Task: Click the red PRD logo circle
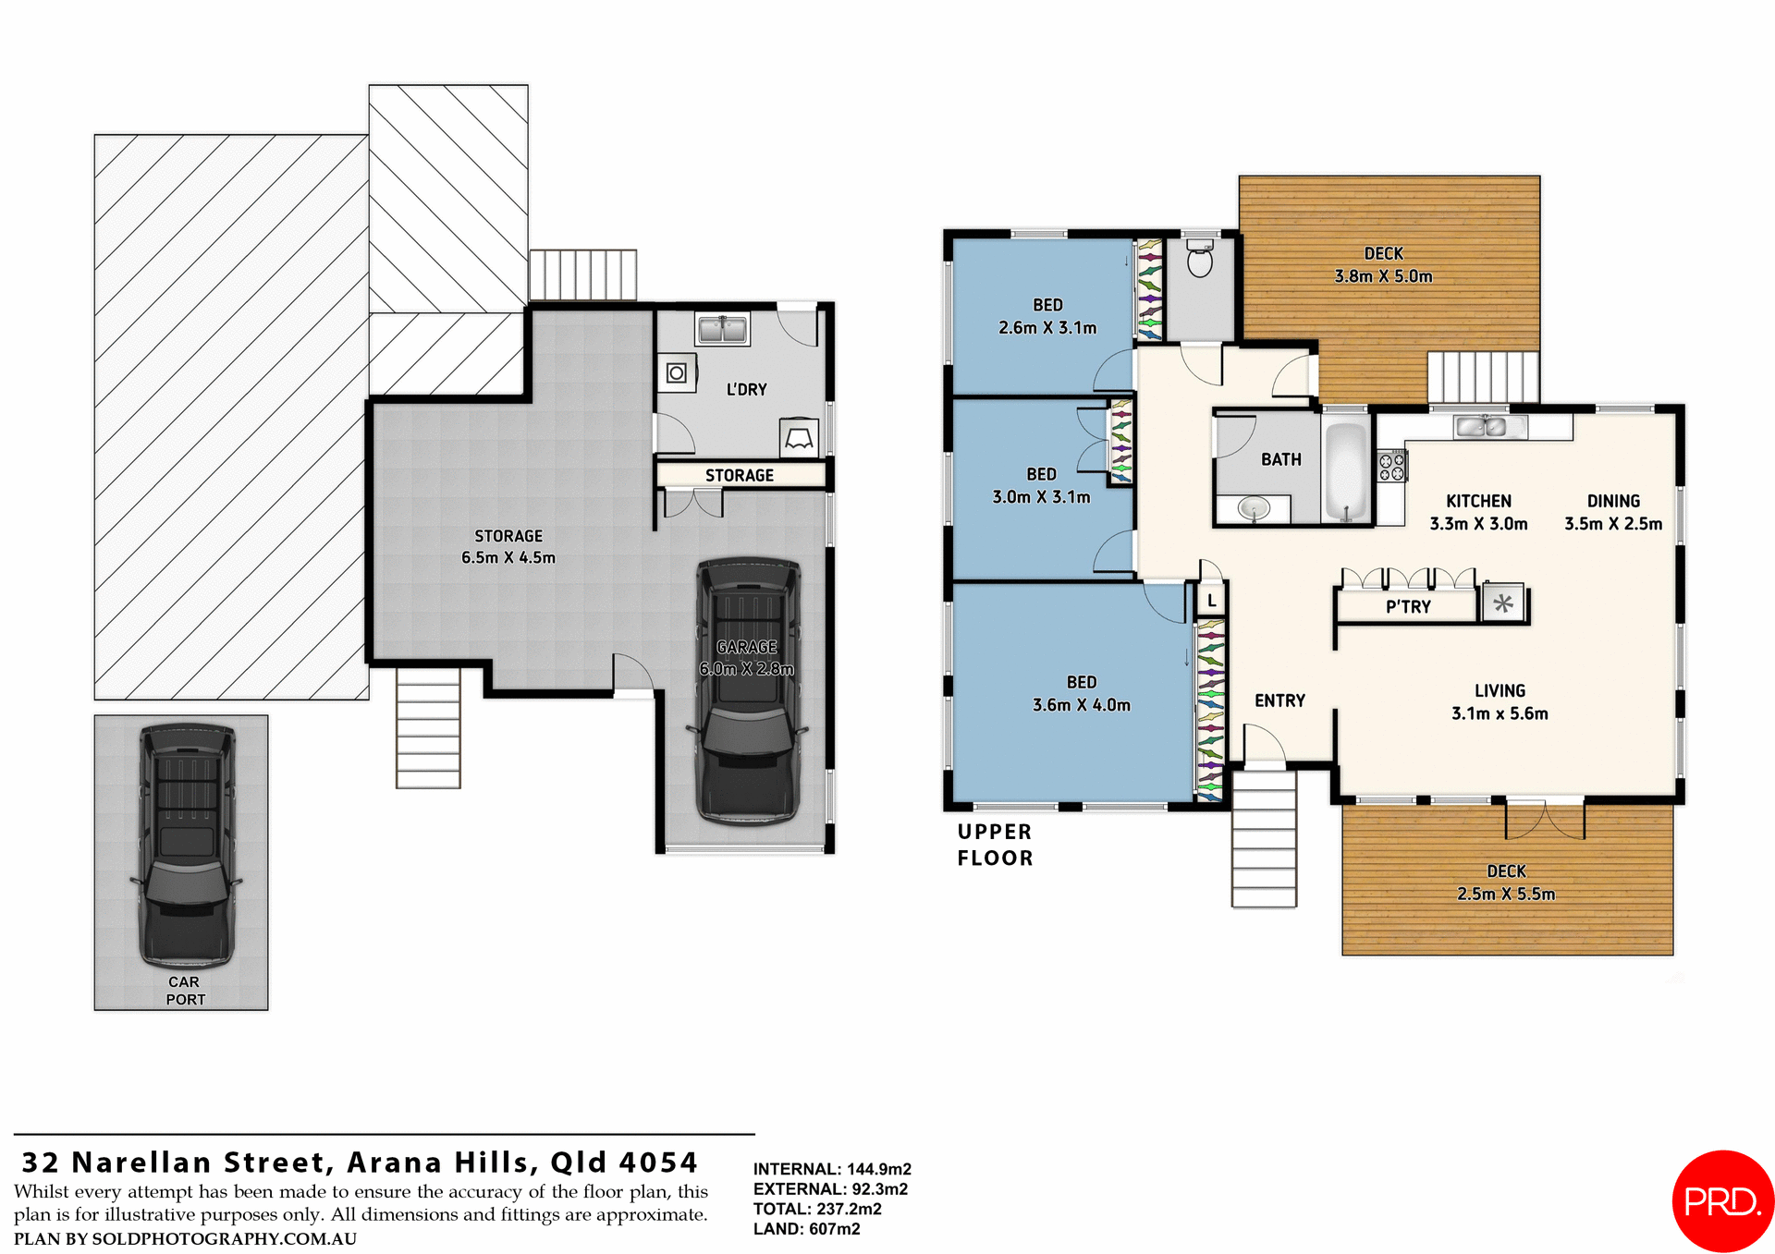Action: tap(1722, 1200)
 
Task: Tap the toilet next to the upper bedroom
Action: tap(1199, 260)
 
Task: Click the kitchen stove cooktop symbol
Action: tap(1391, 466)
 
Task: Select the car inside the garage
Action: tap(748, 690)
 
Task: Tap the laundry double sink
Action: tap(722, 329)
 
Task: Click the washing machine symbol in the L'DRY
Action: tap(677, 373)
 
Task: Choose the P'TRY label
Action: tap(1407, 607)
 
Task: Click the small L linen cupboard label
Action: tap(1211, 601)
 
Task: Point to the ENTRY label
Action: tap(1279, 701)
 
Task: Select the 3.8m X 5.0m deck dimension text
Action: tap(1383, 276)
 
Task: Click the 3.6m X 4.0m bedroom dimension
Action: tap(1081, 705)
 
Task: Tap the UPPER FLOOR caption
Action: tap(995, 845)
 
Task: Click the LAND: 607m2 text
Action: tap(806, 1229)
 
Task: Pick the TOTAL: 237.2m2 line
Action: tap(817, 1209)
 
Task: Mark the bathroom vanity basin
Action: tap(1254, 507)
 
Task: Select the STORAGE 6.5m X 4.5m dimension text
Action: tap(508, 558)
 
